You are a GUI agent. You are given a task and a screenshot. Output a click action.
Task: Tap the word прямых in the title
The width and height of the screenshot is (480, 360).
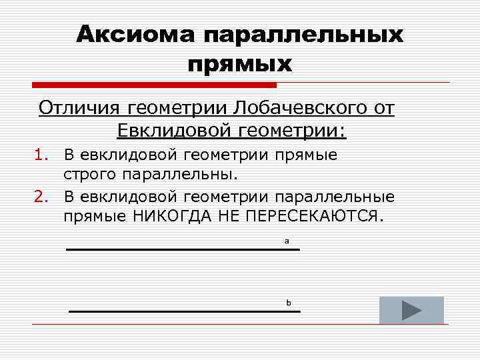[x=240, y=64]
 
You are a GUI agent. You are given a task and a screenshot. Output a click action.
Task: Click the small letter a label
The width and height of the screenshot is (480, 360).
[x=287, y=241]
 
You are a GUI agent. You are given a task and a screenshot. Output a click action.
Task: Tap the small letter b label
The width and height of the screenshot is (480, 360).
[x=289, y=303]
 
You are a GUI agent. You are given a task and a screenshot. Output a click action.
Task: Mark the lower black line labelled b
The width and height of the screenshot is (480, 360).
[x=184, y=311]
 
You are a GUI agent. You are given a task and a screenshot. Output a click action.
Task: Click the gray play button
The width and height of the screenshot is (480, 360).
[x=411, y=310]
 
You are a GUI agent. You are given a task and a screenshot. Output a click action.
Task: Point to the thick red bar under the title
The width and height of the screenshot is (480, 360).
[x=154, y=85]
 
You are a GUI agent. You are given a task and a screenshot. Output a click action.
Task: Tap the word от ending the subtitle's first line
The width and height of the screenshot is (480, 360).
[x=383, y=107]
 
